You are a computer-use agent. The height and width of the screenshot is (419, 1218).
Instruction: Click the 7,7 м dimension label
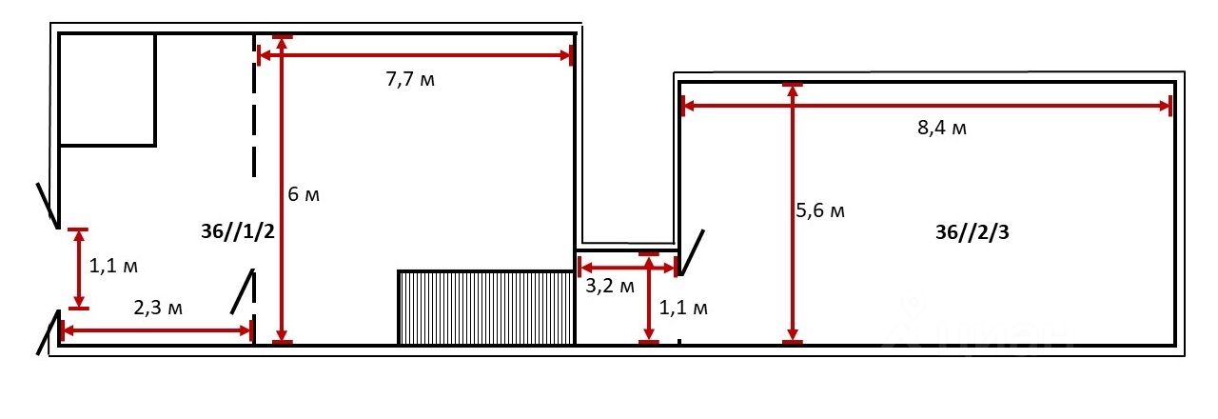410,79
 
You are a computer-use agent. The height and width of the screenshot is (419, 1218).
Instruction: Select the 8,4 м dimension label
942,128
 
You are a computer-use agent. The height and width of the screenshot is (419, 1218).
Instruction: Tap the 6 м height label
304,193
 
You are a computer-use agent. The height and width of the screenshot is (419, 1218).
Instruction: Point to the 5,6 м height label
820,210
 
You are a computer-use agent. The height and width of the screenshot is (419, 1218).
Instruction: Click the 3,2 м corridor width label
610,286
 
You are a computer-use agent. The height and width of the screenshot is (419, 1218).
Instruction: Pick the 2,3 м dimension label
158,308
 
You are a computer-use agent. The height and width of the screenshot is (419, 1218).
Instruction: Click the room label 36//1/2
238,231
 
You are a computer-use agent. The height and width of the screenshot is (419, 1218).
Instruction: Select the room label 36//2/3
972,232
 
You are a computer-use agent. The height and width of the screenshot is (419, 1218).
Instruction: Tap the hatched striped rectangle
486,308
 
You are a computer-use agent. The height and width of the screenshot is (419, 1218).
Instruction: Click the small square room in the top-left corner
108,90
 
